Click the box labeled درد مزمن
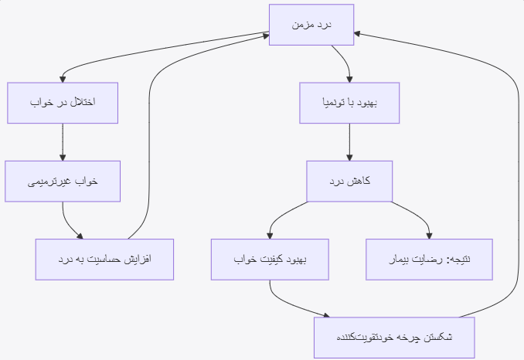tap(311, 25)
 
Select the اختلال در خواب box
tap(63, 103)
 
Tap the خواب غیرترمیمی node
tap(63, 181)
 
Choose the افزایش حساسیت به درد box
tap(104, 259)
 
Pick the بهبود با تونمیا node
tap(349, 103)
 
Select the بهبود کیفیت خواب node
tap(271, 259)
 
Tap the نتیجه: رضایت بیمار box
tap(429, 259)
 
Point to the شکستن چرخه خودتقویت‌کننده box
tap(394, 337)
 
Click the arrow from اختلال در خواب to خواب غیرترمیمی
tap(63, 141)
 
